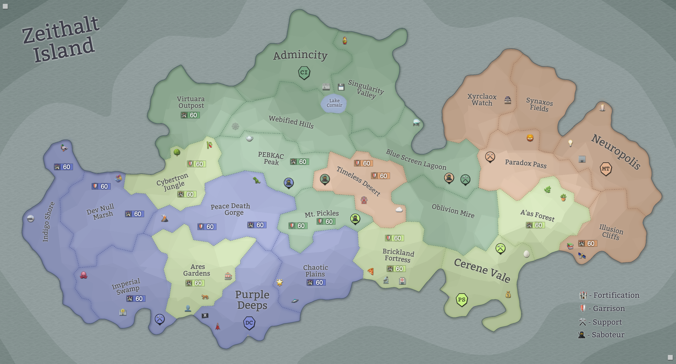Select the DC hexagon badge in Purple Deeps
tap(249, 323)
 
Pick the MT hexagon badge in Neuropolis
tap(606, 169)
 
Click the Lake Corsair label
tap(334, 103)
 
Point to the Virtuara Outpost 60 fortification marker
tap(190, 115)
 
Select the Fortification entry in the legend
tap(610, 295)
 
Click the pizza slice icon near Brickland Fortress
tap(371, 271)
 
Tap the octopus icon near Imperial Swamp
tap(83, 275)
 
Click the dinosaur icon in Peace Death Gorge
tap(256, 180)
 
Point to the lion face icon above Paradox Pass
tap(530, 138)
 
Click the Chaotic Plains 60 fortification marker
tap(316, 283)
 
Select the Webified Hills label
tap(291, 122)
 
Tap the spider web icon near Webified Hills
tap(235, 126)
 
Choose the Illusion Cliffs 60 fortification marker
tap(588, 243)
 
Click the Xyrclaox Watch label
tap(482, 100)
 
